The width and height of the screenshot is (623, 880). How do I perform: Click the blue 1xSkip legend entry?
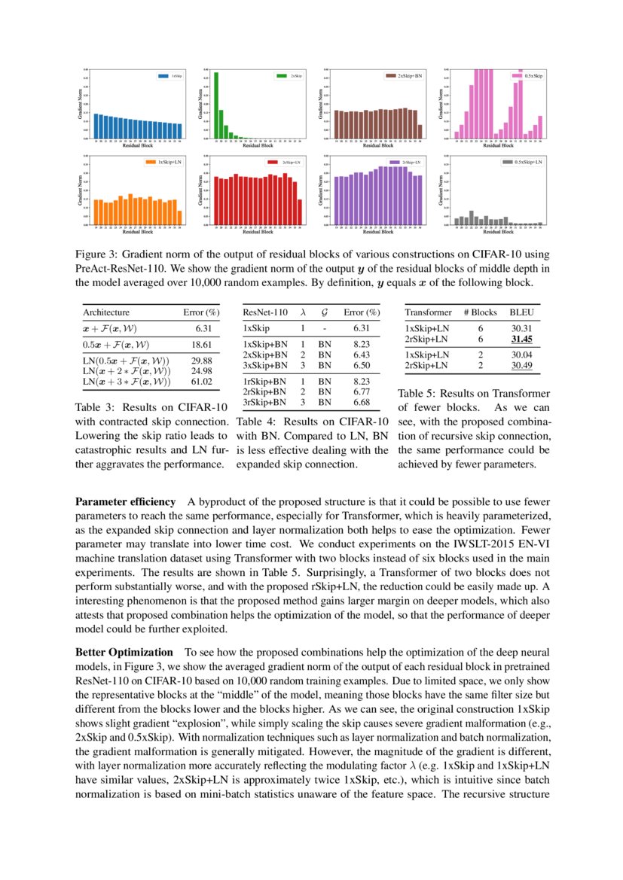tap(169, 76)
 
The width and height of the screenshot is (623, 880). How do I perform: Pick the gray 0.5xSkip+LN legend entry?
tap(520, 162)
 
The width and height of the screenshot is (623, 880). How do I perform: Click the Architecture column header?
tap(106, 312)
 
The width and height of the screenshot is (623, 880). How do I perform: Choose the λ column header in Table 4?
tap(302, 312)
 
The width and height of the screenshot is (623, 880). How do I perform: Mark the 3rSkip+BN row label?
tap(262, 402)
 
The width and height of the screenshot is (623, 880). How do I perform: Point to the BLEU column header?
tap(521, 312)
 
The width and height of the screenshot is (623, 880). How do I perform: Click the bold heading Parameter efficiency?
tap(125, 501)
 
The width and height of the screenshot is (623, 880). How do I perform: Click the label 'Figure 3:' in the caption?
tap(97, 254)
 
